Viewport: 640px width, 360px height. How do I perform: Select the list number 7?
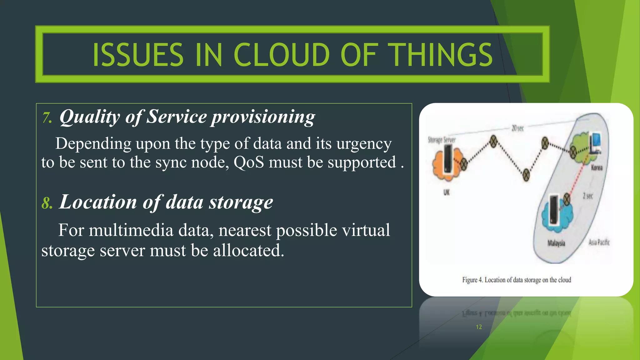click(47, 118)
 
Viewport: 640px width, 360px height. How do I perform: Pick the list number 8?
click(47, 203)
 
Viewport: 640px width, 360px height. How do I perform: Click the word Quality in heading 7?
click(90, 117)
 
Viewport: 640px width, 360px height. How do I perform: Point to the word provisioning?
click(263, 117)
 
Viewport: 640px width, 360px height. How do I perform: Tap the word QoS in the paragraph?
click(249, 162)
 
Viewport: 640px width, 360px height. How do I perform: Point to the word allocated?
click(248, 251)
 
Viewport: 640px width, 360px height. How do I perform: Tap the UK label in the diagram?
click(446, 192)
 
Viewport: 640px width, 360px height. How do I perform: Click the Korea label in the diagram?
click(597, 168)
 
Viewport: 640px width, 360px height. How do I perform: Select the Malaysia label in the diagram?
click(556, 243)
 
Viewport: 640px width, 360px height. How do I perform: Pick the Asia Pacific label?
click(599, 242)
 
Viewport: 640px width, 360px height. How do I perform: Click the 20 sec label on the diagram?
click(517, 128)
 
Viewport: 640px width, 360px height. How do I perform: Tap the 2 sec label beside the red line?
click(587, 196)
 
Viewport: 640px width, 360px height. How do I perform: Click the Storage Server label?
click(442, 140)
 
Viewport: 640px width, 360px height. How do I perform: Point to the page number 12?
click(479, 327)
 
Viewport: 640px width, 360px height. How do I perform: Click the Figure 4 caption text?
click(517, 280)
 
